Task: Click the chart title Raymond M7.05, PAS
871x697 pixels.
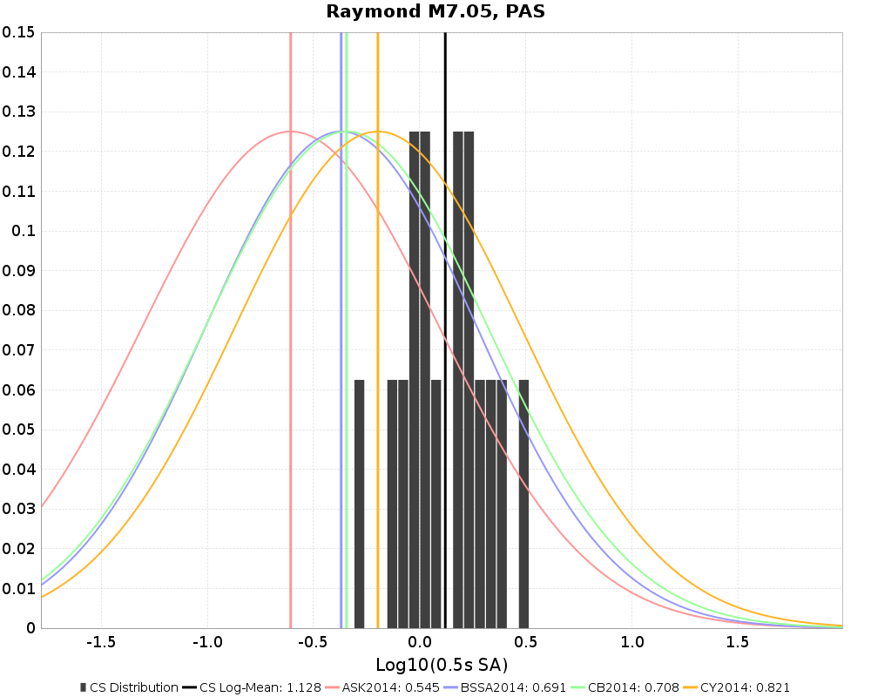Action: pyautogui.click(x=435, y=11)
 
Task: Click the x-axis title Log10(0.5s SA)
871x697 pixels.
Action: pyautogui.click(x=442, y=666)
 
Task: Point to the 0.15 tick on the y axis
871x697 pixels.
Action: pyautogui.click(x=18, y=32)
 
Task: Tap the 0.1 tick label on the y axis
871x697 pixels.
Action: pyautogui.click(x=24, y=231)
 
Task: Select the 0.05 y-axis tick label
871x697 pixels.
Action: pyautogui.click(x=18, y=430)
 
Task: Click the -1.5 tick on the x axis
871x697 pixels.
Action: pyautogui.click(x=101, y=642)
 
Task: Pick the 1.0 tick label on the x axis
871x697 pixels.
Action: pyautogui.click(x=632, y=642)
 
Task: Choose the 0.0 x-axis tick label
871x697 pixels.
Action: pyautogui.click(x=420, y=642)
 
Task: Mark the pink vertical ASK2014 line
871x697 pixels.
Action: pyautogui.click(x=290, y=348)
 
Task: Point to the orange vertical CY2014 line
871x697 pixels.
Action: pyautogui.click(x=377, y=348)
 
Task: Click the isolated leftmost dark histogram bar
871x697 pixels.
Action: pyautogui.click(x=359, y=505)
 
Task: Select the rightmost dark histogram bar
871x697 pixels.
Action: pyautogui.click(x=523, y=505)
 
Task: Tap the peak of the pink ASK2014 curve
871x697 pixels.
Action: pyautogui.click(x=290, y=132)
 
